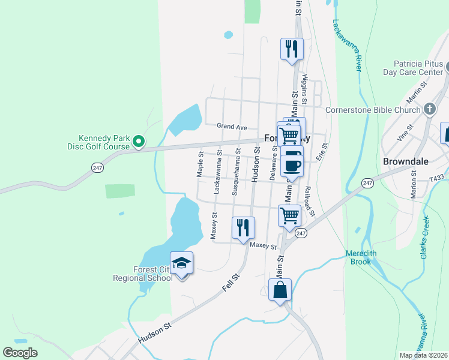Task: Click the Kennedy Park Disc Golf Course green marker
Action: coord(139,142)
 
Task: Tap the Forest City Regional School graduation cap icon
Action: coord(181,263)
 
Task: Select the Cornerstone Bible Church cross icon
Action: coord(429,109)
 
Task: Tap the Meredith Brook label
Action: coord(361,257)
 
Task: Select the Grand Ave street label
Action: coord(232,127)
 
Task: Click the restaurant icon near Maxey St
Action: coord(243,227)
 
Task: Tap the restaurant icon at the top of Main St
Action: coord(292,49)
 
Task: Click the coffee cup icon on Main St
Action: coord(292,164)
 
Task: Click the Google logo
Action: coord(20,353)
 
